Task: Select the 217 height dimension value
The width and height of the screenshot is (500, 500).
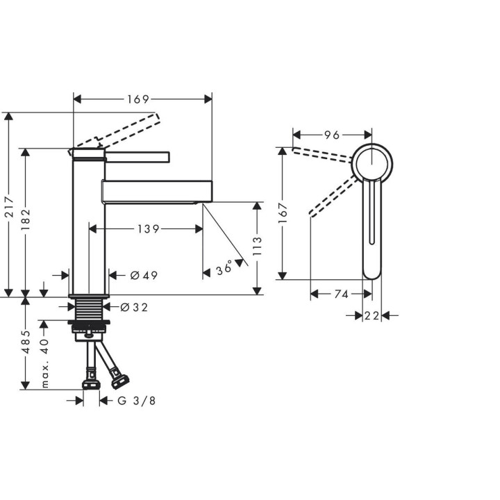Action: pyautogui.click(x=9, y=206)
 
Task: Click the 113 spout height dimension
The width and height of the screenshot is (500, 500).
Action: pyautogui.click(x=257, y=246)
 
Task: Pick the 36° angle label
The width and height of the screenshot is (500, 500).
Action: pyautogui.click(x=224, y=268)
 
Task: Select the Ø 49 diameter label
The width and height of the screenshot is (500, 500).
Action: pyautogui.click(x=144, y=276)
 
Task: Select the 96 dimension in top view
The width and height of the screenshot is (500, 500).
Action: pyautogui.click(x=331, y=134)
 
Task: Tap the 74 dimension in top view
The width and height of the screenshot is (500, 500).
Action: pyautogui.click(x=340, y=294)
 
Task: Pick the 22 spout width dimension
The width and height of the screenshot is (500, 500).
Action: pyautogui.click(x=372, y=316)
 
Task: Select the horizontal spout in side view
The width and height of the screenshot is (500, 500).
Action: pyautogui.click(x=156, y=190)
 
